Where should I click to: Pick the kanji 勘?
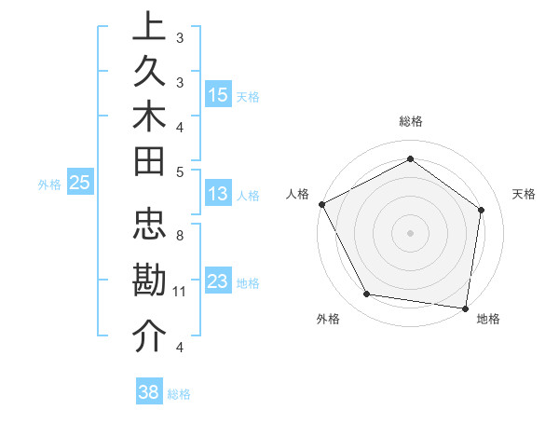click(x=149, y=281)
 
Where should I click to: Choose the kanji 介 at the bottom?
click(x=149, y=336)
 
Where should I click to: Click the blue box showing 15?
click(x=218, y=95)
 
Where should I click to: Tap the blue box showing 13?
click(x=218, y=194)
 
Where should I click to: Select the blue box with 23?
click(x=218, y=281)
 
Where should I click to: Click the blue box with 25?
click(x=79, y=184)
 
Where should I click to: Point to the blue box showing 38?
click(x=148, y=392)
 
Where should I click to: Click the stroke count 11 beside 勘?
click(x=180, y=292)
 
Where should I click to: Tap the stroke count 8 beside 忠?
click(x=180, y=236)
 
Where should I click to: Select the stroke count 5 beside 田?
click(x=180, y=171)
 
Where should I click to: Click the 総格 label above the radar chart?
click(x=411, y=121)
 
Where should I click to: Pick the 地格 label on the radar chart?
click(x=488, y=320)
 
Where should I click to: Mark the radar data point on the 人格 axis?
click(x=321, y=204)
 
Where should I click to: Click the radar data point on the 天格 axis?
click(x=482, y=210)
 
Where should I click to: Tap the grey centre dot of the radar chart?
click(x=411, y=232)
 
